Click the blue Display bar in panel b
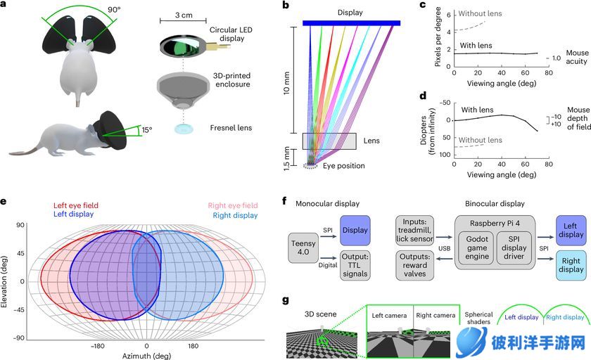pos(352,23)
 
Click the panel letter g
pos(284,300)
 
